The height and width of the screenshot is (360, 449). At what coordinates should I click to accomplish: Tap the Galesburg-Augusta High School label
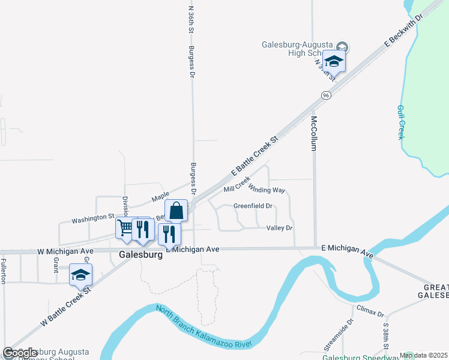tap(298, 49)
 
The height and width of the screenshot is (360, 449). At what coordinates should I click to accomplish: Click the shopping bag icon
tap(176, 211)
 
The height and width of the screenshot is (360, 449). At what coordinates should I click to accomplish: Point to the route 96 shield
tap(326, 95)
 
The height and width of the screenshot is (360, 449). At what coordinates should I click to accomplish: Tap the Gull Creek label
tap(401, 122)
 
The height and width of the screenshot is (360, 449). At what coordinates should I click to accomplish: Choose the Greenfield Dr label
tap(253, 206)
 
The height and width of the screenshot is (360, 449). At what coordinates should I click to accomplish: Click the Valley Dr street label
tap(279, 228)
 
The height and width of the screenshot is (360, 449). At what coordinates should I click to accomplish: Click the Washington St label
tap(93, 217)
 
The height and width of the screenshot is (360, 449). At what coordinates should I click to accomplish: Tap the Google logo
tap(20, 353)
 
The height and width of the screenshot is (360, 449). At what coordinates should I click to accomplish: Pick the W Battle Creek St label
tap(65, 306)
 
